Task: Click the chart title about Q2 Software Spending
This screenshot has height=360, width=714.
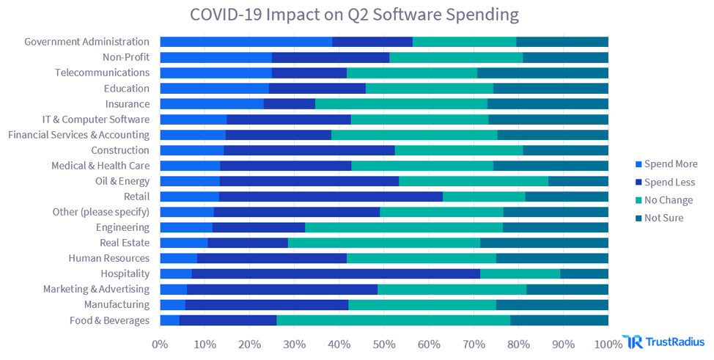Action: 354,14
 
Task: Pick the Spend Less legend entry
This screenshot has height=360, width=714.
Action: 669,182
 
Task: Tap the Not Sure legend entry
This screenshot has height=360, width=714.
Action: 663,217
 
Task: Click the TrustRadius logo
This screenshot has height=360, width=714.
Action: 663,342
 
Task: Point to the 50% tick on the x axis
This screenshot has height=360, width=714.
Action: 384,343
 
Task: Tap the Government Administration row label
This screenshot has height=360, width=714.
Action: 87,42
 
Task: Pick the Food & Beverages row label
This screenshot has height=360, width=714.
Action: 109,320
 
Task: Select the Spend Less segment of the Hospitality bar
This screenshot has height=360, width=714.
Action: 336,273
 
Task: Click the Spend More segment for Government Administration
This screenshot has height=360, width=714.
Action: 246,42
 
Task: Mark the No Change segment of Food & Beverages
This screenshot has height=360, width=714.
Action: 393,320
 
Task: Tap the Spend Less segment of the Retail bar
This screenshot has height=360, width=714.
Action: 331,196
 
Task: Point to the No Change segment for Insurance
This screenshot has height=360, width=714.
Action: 401,104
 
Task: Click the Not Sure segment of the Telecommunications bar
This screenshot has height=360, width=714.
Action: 542,73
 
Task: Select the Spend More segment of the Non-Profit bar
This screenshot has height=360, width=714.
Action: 216,57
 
